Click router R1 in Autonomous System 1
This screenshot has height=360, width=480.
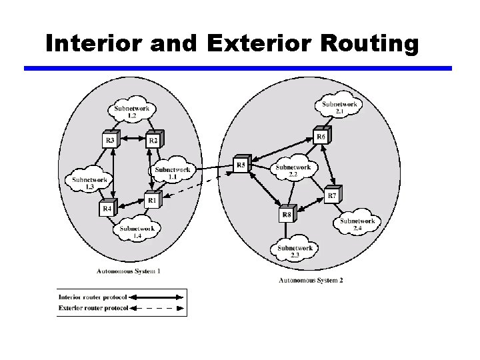pyautogui.click(x=153, y=199)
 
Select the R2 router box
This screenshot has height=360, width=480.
pyautogui.click(x=154, y=140)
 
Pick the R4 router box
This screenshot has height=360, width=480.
pyautogui.click(x=107, y=208)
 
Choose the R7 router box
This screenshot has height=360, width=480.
pyautogui.click(x=332, y=195)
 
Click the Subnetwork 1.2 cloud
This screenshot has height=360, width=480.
pyautogui.click(x=132, y=111)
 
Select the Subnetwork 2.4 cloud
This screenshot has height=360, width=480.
pyautogui.click(x=357, y=225)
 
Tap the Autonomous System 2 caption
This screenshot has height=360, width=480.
pyautogui.click(x=311, y=281)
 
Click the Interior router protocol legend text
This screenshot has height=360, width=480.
pyautogui.click(x=92, y=297)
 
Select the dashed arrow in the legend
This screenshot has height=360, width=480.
pyautogui.click(x=156, y=309)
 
